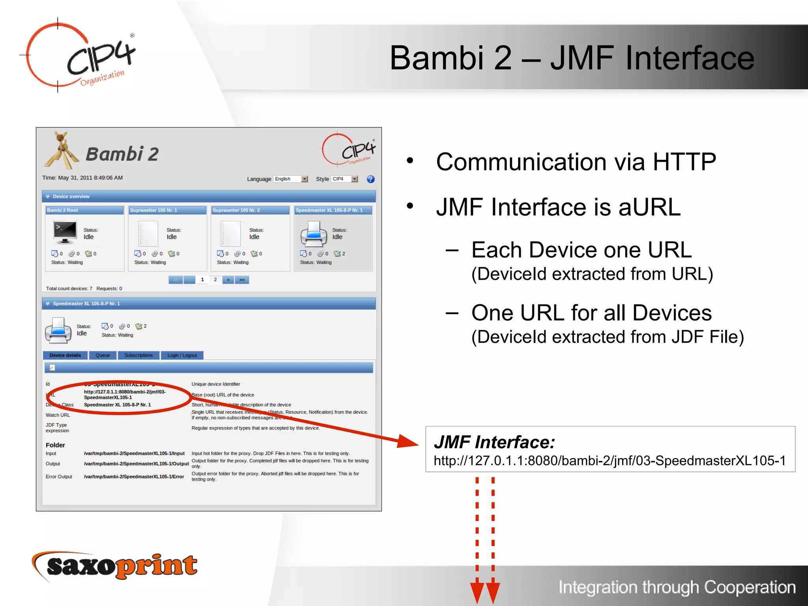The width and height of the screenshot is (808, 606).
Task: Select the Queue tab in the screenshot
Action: [x=103, y=355]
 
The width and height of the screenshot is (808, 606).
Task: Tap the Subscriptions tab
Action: [x=138, y=355]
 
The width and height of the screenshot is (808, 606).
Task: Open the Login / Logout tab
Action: [x=182, y=355]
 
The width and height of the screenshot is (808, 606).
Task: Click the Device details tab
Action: [x=65, y=355]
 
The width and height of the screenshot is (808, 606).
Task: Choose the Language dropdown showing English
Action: [x=291, y=179]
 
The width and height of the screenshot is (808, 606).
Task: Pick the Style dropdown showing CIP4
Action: [x=344, y=179]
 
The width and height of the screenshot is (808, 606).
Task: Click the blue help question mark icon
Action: [x=370, y=179]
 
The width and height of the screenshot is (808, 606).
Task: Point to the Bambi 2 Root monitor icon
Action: [x=65, y=233]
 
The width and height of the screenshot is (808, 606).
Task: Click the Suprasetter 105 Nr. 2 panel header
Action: [x=250, y=210]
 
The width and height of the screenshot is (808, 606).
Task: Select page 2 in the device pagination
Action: [x=215, y=280]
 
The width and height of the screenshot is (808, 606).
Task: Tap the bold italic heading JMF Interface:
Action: [x=494, y=442]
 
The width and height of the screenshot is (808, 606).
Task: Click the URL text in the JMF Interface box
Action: [x=610, y=460]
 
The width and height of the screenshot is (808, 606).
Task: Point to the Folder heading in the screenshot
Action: [x=55, y=445]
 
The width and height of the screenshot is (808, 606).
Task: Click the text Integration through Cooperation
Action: [x=677, y=587]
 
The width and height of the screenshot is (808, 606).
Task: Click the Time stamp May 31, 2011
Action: [x=82, y=178]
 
